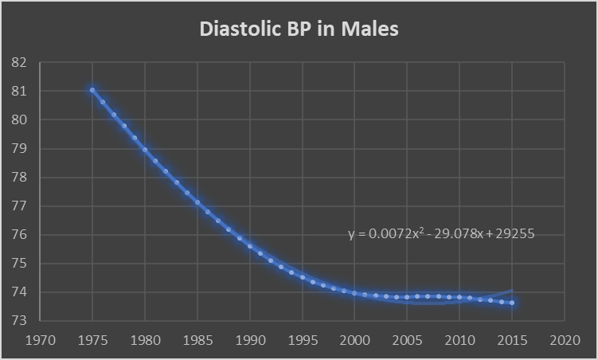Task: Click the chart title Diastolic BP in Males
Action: pos(299,29)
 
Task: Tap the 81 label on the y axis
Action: pos(19,92)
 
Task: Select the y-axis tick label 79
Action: pos(19,149)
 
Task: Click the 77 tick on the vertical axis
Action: pos(19,206)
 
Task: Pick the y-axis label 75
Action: pos(19,264)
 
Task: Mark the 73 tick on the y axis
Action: pos(19,321)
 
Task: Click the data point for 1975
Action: pos(92,90)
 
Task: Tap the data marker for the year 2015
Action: pos(511,303)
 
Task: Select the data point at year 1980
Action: pos(145,149)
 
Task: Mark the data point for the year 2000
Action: pos(354,293)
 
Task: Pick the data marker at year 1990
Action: pos(250,246)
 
